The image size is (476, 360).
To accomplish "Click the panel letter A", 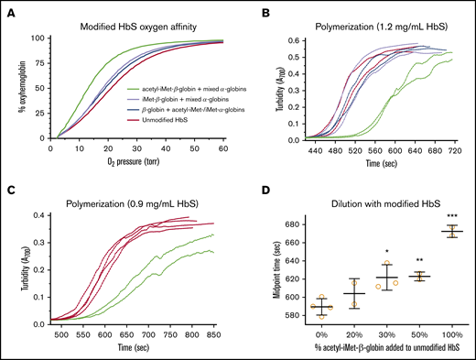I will [7, 9].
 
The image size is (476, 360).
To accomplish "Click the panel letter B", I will [248, 9].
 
